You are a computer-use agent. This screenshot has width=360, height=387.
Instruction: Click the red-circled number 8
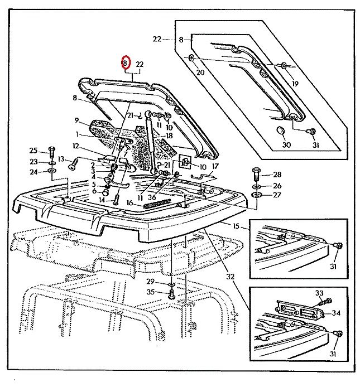(126, 64)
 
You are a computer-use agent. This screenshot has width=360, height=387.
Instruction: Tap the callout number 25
(33, 151)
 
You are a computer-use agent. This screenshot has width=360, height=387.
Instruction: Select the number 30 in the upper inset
(286, 145)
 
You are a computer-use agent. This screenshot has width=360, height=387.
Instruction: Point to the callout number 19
(295, 84)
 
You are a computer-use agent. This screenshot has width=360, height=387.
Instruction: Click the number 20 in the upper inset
(200, 72)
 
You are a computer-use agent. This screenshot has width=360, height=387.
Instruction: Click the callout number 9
(77, 120)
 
